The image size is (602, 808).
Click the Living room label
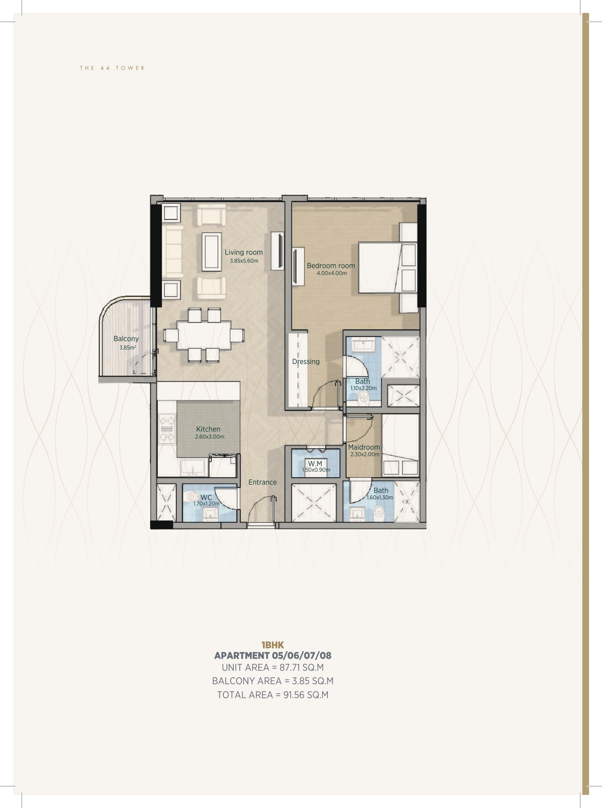click(x=243, y=252)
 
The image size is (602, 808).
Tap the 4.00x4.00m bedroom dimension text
click(x=332, y=273)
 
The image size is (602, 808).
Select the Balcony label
click(x=126, y=339)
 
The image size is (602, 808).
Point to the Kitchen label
click(x=208, y=429)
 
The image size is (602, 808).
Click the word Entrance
click(x=262, y=482)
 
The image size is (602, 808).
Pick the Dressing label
click(x=306, y=362)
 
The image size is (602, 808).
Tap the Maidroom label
click(x=364, y=447)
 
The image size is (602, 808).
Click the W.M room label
click(x=315, y=464)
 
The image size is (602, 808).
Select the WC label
click(x=206, y=498)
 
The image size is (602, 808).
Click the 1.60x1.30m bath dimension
click(x=380, y=497)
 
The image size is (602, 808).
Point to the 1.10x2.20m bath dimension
click(x=363, y=388)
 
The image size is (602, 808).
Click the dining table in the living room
click(x=204, y=335)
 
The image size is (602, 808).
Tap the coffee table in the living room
click(x=212, y=252)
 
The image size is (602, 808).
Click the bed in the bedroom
click(x=387, y=267)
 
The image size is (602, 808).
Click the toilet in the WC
click(x=191, y=496)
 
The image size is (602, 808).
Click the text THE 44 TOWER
click(x=112, y=68)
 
